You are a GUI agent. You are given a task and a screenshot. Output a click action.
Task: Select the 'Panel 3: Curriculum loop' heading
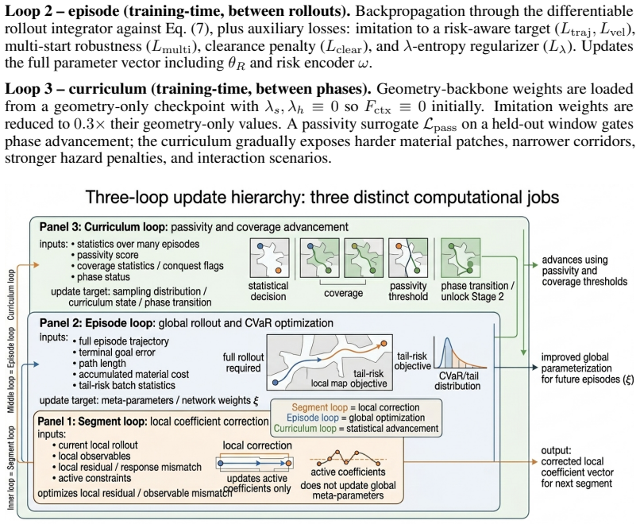(104, 227)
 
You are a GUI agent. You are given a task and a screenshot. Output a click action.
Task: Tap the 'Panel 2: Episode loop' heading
(97, 323)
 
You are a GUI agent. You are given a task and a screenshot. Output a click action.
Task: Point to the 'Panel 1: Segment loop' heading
(92, 421)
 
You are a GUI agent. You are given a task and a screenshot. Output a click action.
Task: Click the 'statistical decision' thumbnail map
(269, 258)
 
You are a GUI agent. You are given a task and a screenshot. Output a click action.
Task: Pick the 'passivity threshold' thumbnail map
(408, 258)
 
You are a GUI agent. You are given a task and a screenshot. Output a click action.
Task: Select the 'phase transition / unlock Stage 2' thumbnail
(461, 258)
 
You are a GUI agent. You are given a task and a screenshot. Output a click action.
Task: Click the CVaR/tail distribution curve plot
(461, 353)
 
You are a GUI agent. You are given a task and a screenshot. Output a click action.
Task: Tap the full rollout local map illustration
(330, 362)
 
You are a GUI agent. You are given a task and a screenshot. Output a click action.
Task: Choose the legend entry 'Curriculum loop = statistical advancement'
(356, 429)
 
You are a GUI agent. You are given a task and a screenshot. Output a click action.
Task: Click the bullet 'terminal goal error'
(114, 353)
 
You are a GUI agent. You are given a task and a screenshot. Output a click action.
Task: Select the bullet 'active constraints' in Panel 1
(91, 478)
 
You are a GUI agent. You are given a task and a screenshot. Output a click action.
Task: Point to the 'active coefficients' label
(348, 472)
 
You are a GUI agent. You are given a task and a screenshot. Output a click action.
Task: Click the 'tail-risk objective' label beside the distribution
(412, 360)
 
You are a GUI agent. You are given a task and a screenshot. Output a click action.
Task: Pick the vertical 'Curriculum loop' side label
(11, 295)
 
